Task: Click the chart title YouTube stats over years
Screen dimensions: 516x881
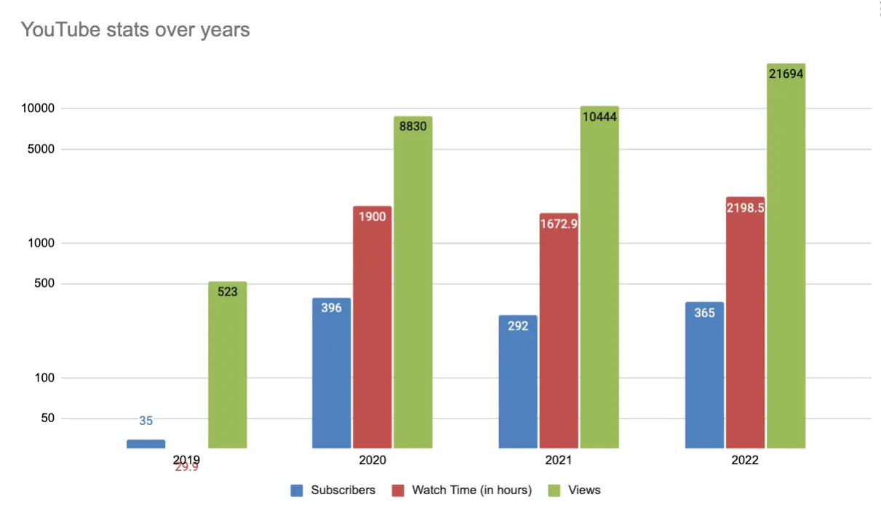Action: [135, 30]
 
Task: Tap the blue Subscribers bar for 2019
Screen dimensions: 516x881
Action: [145, 443]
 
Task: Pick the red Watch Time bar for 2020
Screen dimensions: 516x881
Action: [372, 328]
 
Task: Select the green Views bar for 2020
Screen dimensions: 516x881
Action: [413, 284]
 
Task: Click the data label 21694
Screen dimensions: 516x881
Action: [786, 74]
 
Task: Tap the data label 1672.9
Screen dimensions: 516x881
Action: [559, 223]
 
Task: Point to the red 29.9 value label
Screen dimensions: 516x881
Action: [186, 467]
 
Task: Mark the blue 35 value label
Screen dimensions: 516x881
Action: [145, 421]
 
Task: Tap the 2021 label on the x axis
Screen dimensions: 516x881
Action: [559, 460]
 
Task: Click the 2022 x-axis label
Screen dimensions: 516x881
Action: [745, 460]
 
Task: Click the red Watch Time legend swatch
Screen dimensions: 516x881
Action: [398, 491]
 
